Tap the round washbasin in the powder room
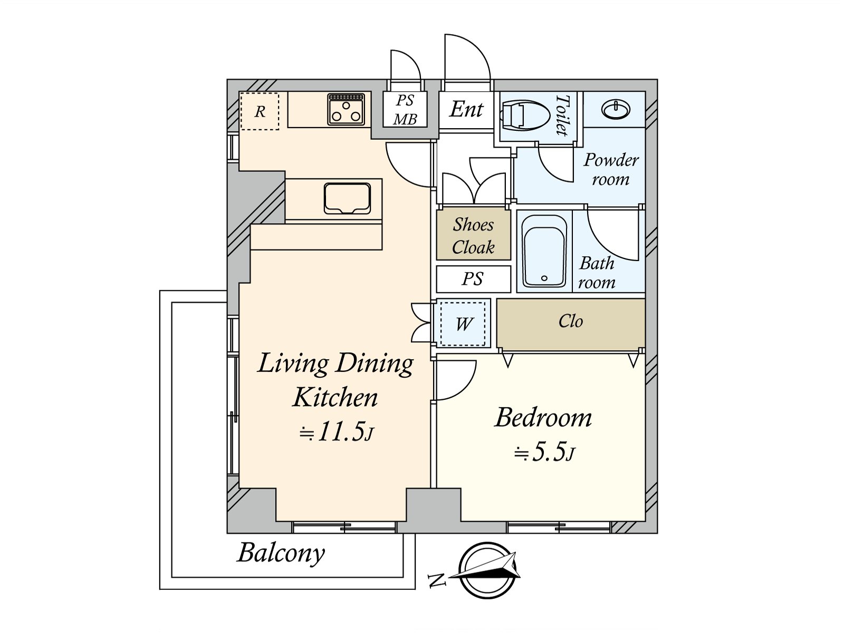click(616, 109)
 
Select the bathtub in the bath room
click(544, 252)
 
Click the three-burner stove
click(346, 109)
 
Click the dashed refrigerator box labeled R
click(260, 111)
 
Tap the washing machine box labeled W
click(463, 323)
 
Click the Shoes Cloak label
click(473, 236)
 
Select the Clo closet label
click(571, 321)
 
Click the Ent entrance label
click(466, 109)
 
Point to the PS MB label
click(405, 110)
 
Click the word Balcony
click(281, 554)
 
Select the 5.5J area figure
click(544, 453)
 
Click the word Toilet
click(562, 116)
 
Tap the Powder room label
click(611, 169)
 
